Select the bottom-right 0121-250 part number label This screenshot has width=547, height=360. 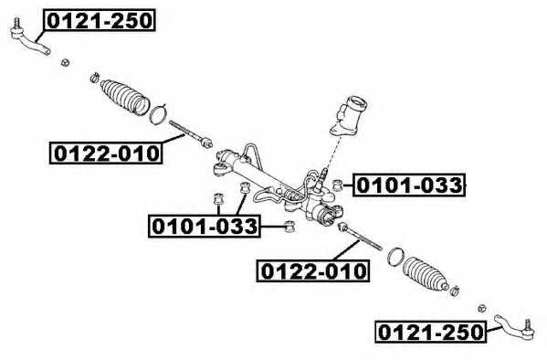pos(429,334)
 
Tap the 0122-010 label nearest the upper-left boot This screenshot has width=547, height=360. pos(105,154)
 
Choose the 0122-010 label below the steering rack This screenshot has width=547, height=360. pos(313,271)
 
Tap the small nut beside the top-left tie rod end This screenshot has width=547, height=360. pos(65,62)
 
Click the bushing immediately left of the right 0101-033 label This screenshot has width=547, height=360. pos(338,183)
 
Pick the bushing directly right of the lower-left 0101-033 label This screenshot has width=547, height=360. pos(289,225)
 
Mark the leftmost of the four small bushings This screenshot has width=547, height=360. pos(219,198)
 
